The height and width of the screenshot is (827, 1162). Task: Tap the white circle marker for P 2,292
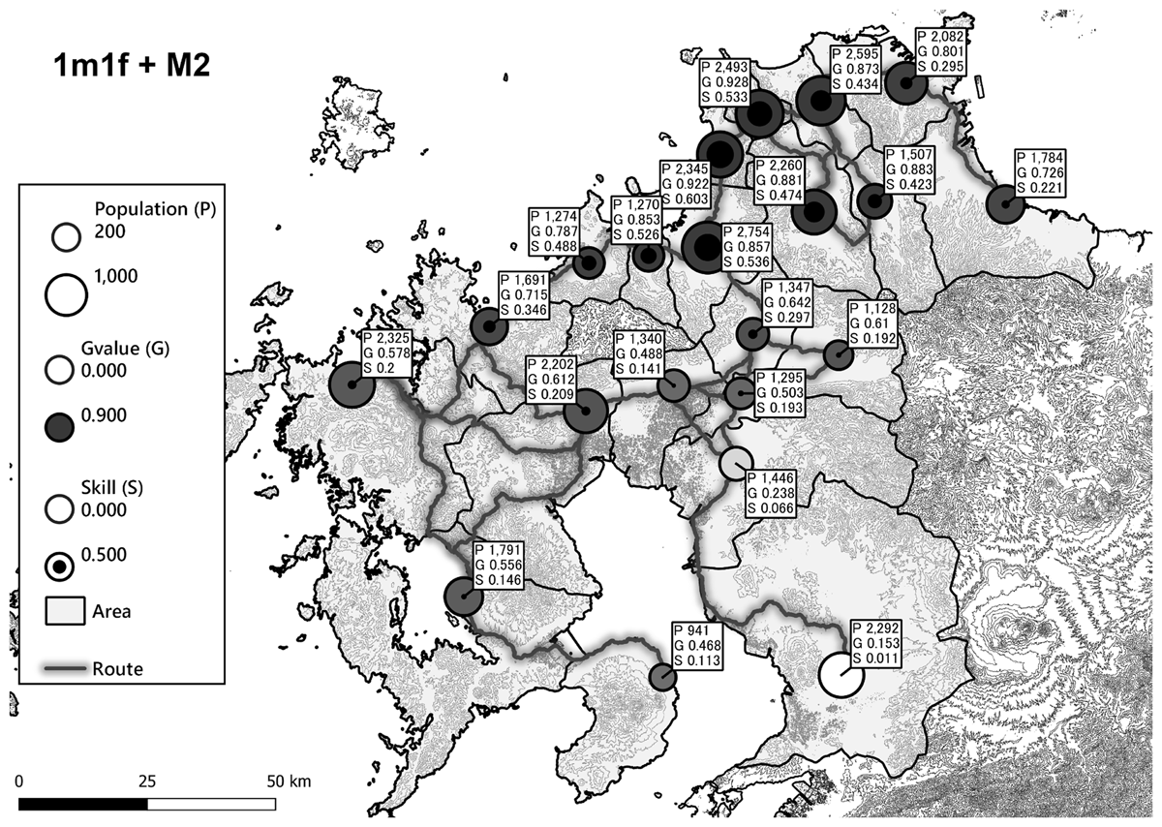[x=840, y=676]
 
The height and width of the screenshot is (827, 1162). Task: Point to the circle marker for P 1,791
[x=464, y=595]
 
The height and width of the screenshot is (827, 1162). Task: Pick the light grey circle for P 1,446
[x=737, y=462]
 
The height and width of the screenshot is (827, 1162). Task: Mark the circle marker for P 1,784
[x=1005, y=205]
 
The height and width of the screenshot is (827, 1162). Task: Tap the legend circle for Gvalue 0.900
[x=61, y=425]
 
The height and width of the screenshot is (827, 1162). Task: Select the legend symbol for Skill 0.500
[x=61, y=565]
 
